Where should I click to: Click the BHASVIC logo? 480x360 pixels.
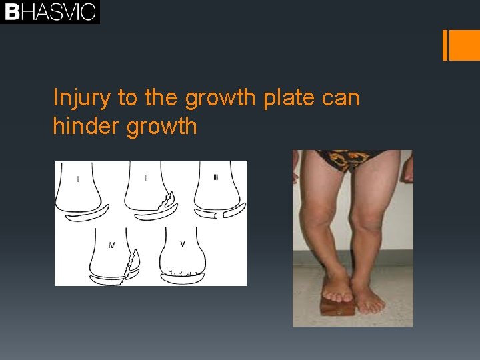coord(50,12)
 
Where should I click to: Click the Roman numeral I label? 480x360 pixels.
coord(78,178)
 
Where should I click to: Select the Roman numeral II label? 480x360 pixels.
coord(146,178)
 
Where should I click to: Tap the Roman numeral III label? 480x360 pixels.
coord(215,177)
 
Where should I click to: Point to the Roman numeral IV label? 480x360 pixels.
coord(111,245)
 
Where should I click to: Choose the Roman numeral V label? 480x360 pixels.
coord(182,244)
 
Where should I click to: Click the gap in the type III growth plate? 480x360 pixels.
coord(216,215)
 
